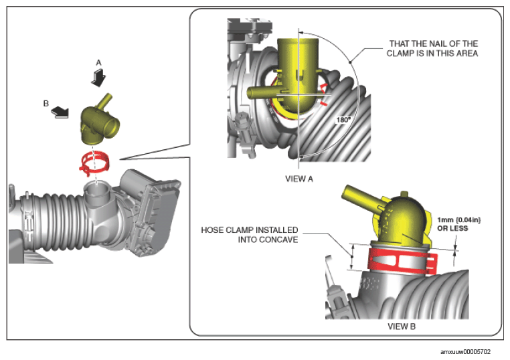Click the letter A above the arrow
(x=98, y=63)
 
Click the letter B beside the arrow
(x=46, y=104)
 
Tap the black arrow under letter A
(x=98, y=79)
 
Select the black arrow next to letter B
(x=60, y=112)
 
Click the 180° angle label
(x=343, y=120)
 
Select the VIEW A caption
(x=299, y=179)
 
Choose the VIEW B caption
(x=402, y=326)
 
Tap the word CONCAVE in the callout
(x=278, y=240)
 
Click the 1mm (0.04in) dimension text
(x=458, y=220)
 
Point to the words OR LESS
(x=452, y=228)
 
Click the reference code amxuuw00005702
(x=465, y=351)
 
